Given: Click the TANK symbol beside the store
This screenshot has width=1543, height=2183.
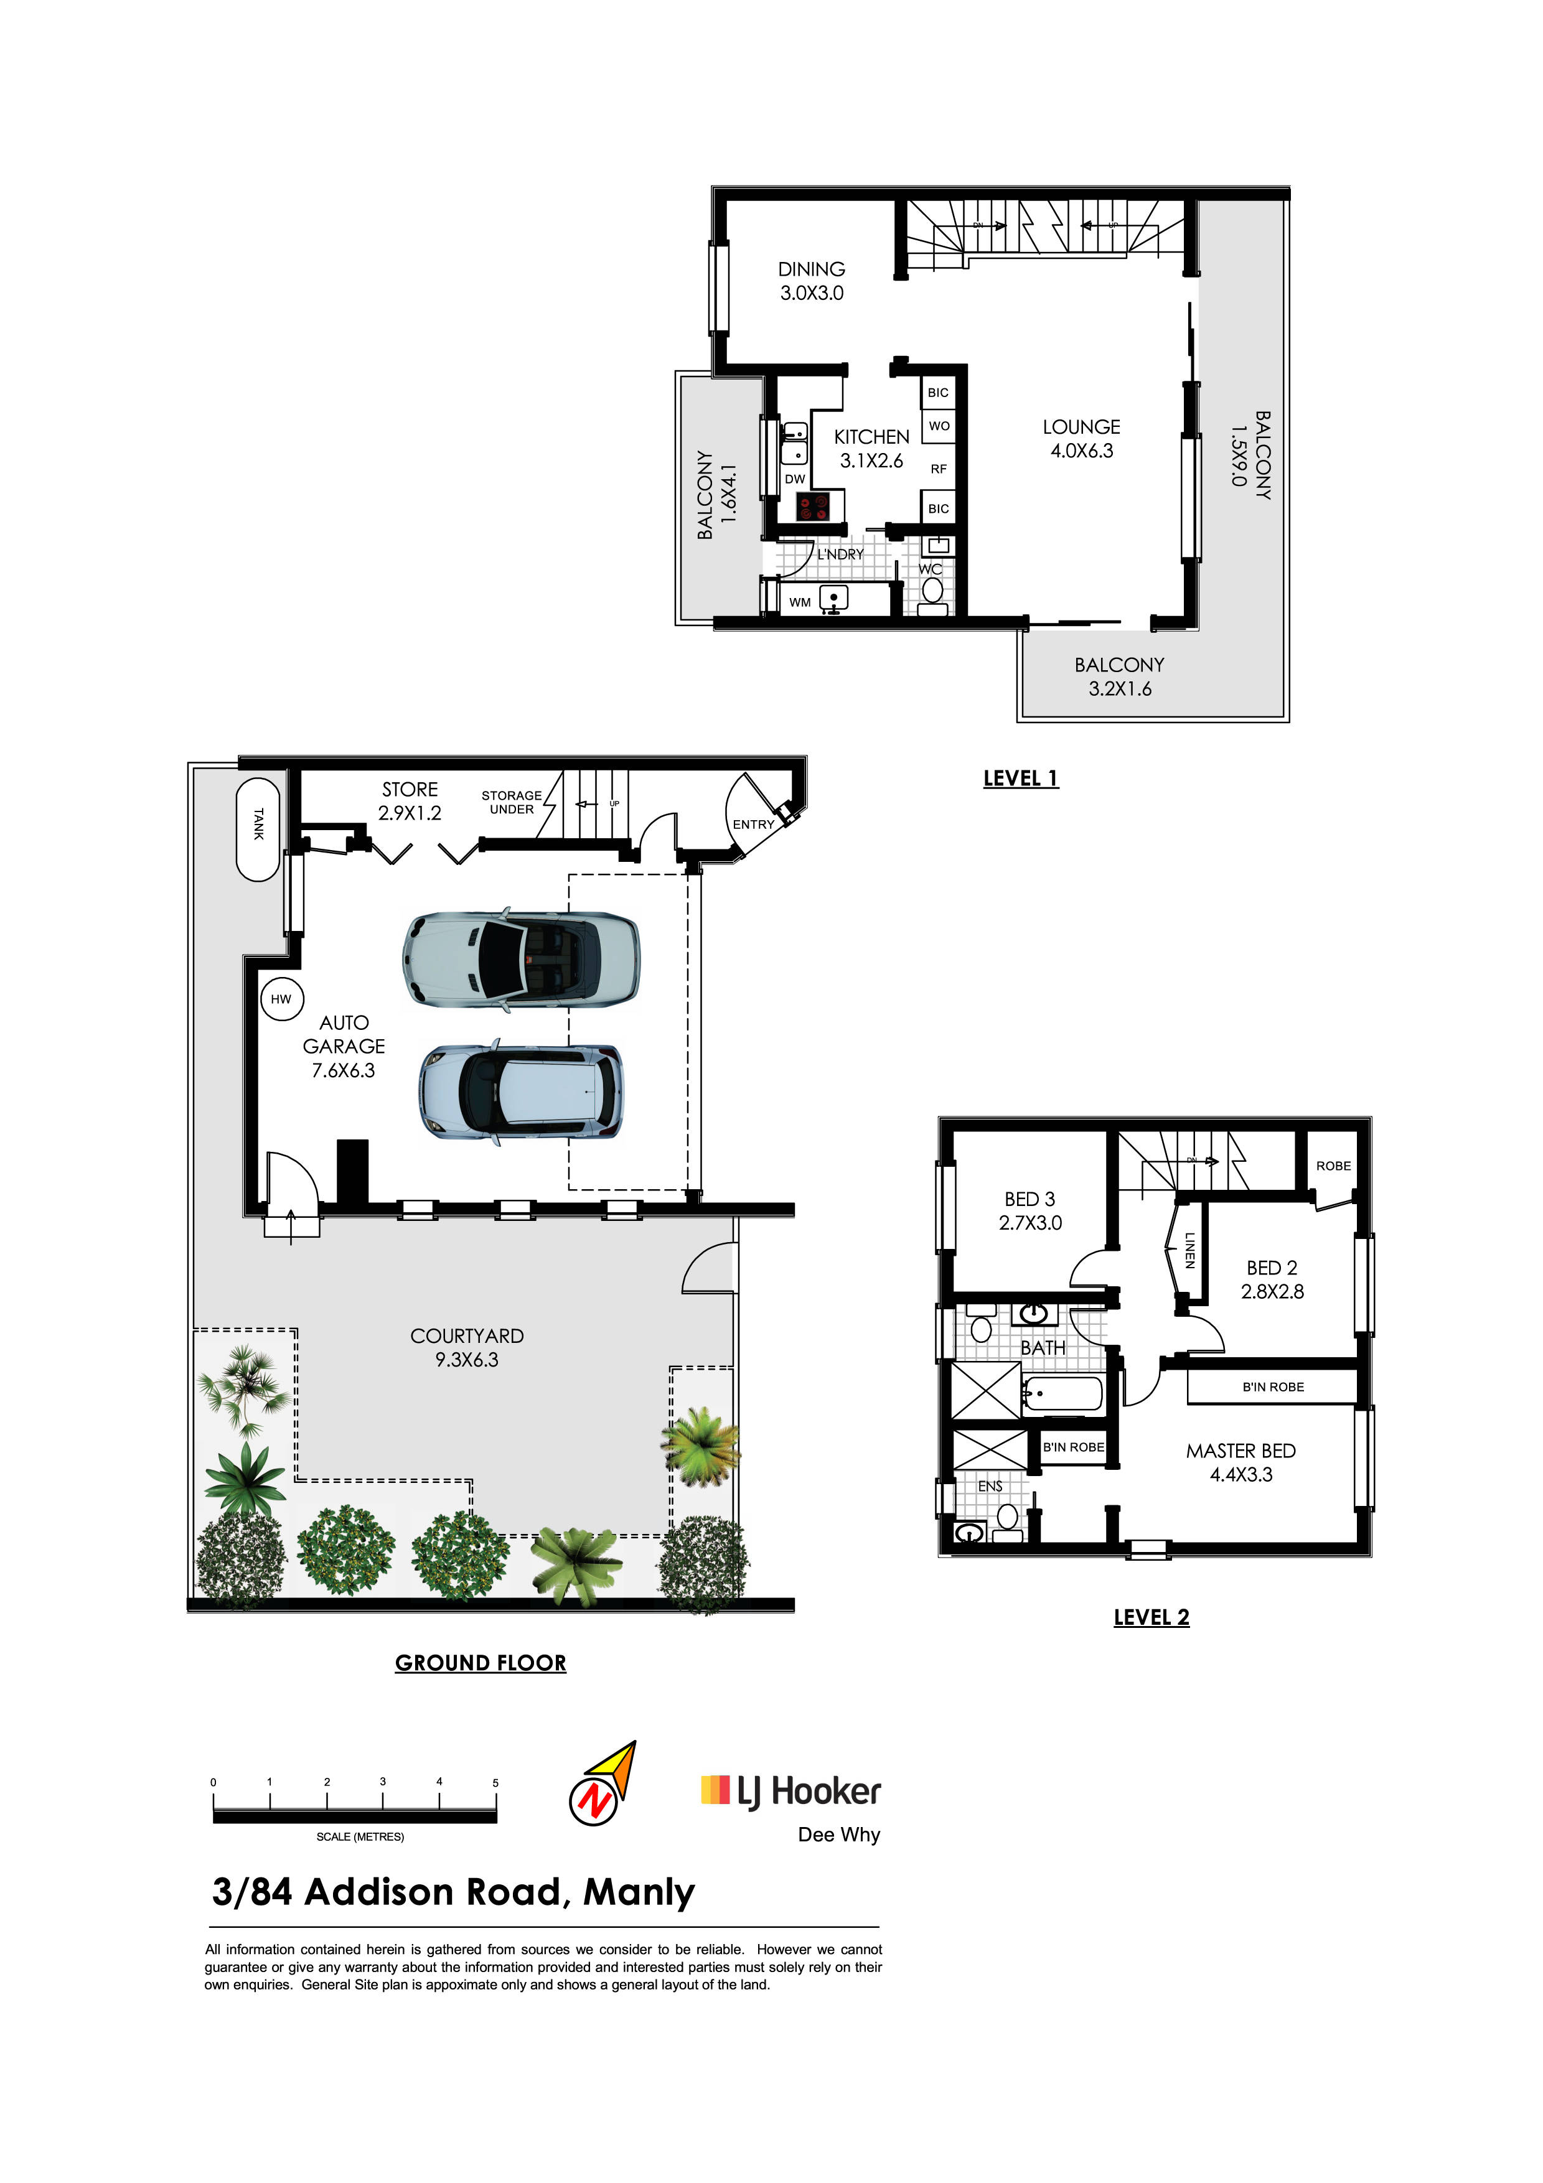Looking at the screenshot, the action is click(x=258, y=829).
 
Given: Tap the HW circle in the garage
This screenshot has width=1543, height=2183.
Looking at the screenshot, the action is click(x=281, y=998).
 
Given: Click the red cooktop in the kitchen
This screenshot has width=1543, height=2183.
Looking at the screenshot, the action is click(x=813, y=506).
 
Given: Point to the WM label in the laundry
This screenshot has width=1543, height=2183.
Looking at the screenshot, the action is click(x=800, y=602).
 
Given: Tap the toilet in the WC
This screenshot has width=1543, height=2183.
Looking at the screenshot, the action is click(x=932, y=591).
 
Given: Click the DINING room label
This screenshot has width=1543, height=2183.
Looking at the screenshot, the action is click(x=811, y=269).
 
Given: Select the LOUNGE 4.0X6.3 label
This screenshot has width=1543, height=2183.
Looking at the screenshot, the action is click(x=1081, y=438).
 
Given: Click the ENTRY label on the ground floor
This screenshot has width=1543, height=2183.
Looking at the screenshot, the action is click(x=753, y=825).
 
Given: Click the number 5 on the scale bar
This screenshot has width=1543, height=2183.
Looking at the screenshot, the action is click(x=495, y=1783).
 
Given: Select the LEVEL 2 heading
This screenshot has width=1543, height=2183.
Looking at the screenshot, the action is click(x=1151, y=1617).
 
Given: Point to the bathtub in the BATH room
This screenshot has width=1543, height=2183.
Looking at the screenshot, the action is click(x=1063, y=1394).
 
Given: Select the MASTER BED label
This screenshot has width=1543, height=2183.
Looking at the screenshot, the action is click(x=1240, y=1451).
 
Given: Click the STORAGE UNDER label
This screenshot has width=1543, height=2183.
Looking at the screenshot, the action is click(x=512, y=803).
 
